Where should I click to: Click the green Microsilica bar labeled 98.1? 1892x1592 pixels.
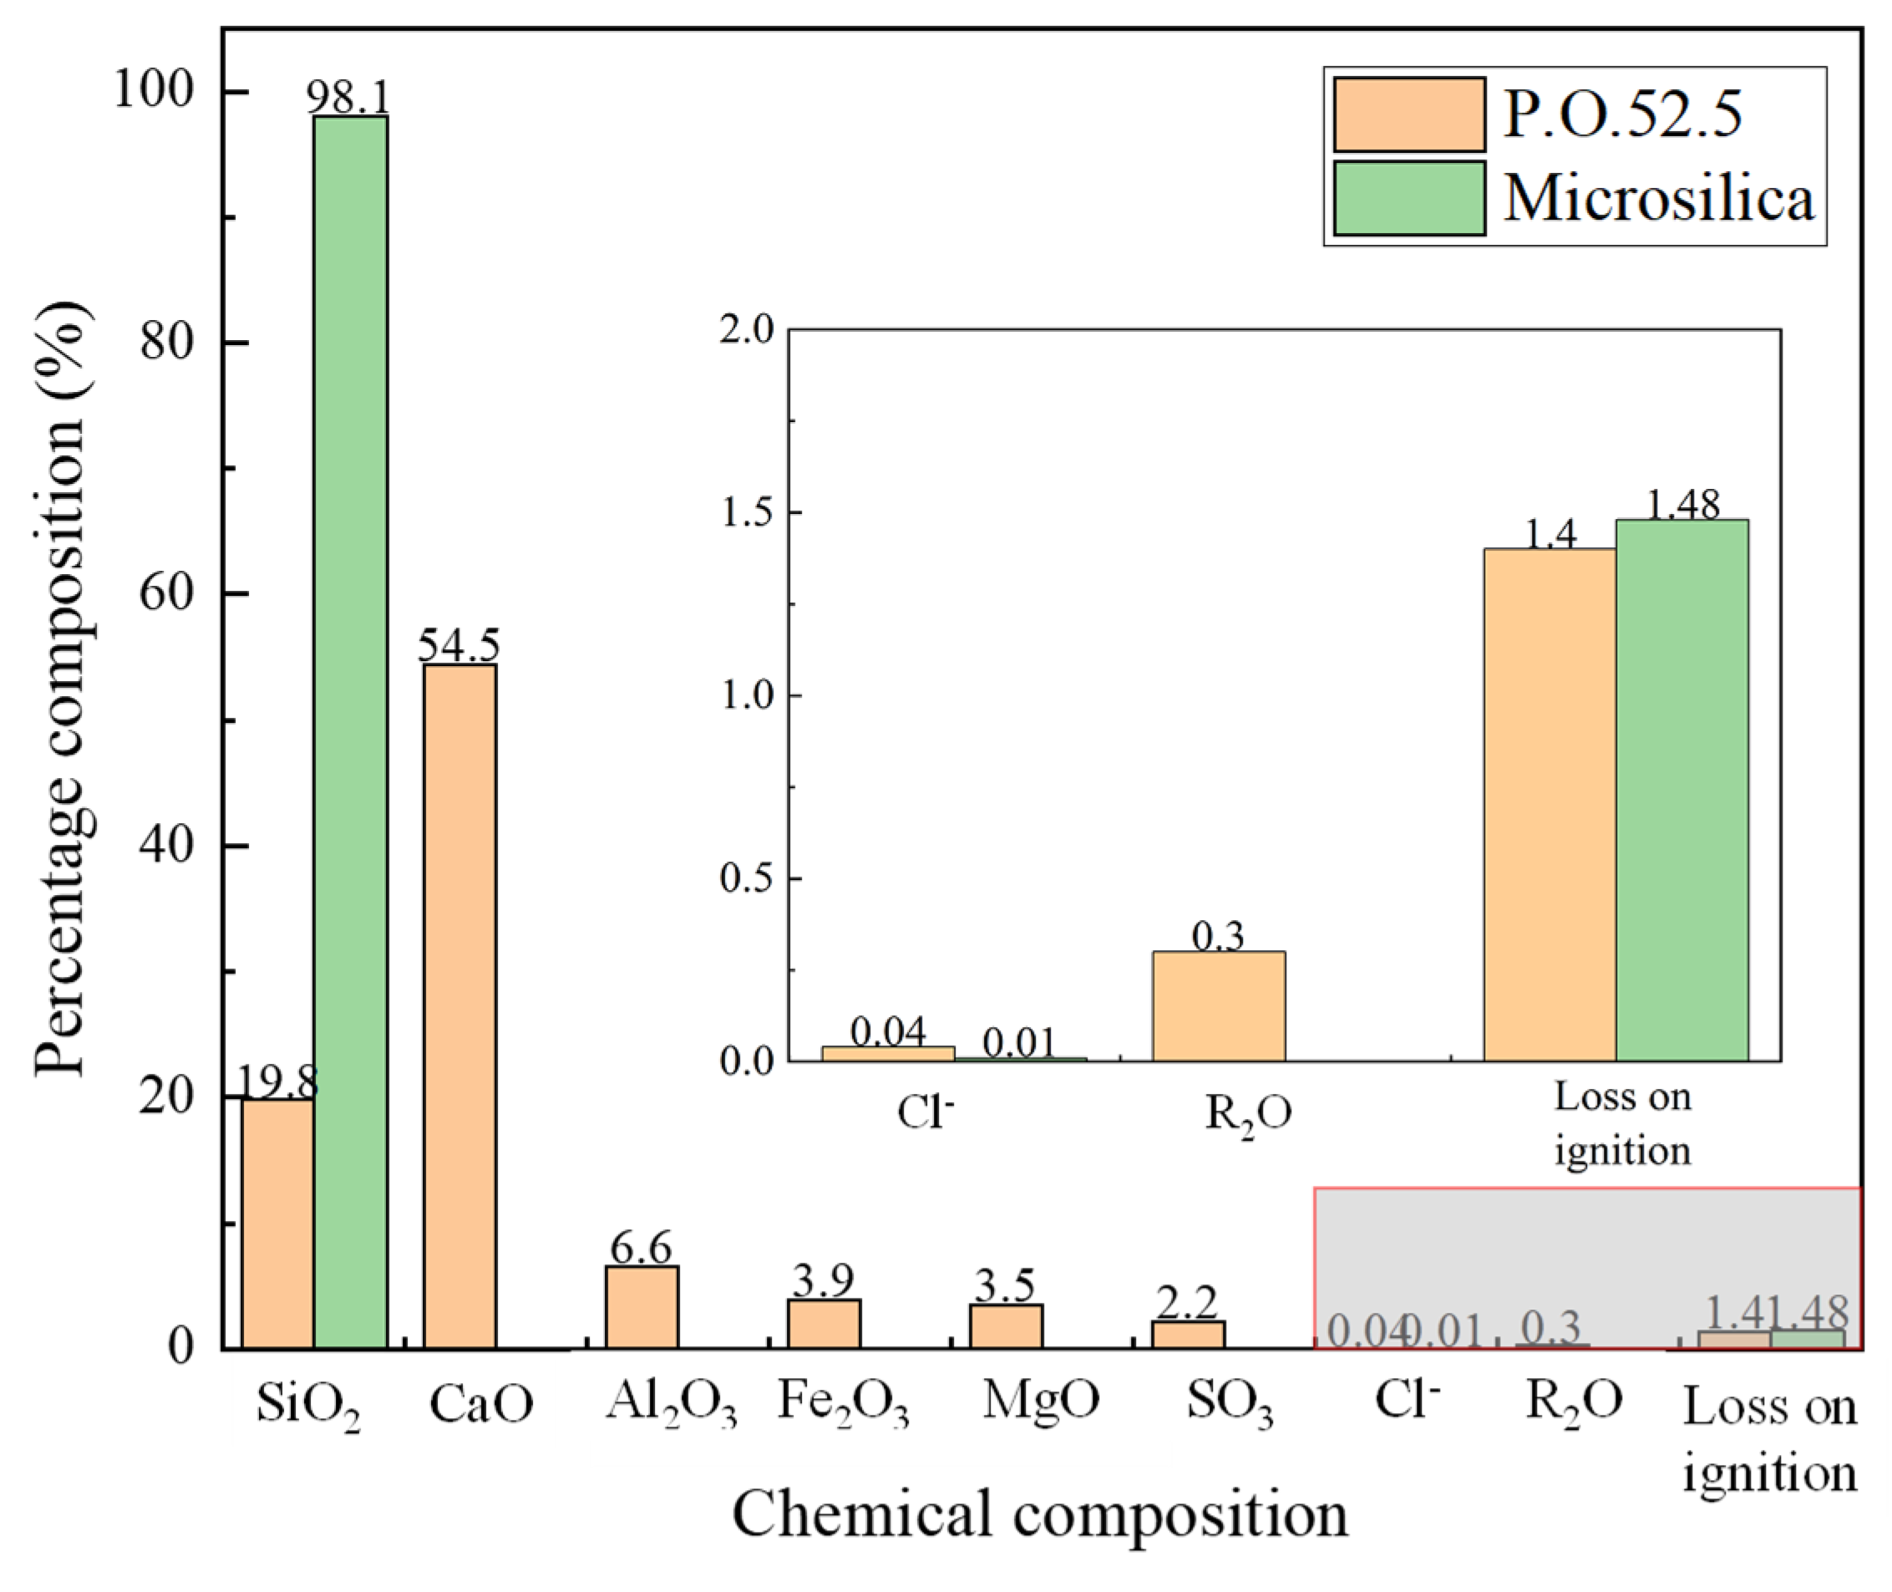point(351,731)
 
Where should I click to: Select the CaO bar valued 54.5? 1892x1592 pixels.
point(460,1006)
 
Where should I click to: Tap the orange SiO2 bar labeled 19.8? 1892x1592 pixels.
point(278,1223)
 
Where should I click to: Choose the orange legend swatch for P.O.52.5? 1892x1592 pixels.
point(1408,114)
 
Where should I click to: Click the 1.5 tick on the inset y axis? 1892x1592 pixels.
point(748,512)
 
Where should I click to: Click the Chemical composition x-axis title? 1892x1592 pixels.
point(1039,1513)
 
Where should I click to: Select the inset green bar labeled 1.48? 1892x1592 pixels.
point(1681,790)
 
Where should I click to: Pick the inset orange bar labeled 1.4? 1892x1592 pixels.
point(1550,803)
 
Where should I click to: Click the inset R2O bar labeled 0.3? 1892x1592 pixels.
point(1218,1006)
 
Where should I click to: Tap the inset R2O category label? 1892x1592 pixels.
point(1249,1116)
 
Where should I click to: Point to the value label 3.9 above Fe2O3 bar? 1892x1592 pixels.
point(823,1279)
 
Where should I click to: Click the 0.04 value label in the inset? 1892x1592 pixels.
point(888,1030)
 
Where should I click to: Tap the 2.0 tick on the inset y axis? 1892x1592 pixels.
point(748,329)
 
